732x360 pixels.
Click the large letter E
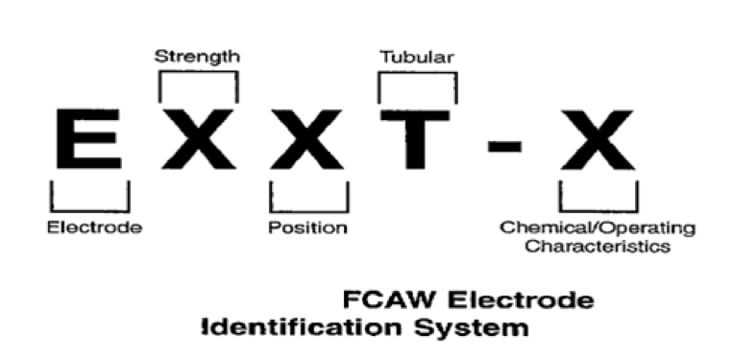[88, 138]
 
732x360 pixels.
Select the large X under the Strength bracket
[199, 138]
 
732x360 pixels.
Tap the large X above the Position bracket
[307, 138]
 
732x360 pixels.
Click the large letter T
[415, 139]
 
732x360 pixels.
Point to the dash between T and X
[504, 147]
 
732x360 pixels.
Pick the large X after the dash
[598, 140]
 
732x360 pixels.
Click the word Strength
[197, 57]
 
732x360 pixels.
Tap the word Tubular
[416, 57]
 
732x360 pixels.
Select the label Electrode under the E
[95, 228]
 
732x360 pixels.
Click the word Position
[308, 228]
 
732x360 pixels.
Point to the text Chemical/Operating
[598, 228]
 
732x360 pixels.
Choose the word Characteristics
[598, 246]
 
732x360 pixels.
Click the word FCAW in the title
[391, 300]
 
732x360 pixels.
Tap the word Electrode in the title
[521, 300]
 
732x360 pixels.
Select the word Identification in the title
[302, 327]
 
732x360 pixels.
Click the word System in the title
[472, 327]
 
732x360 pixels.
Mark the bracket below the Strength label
[199, 72]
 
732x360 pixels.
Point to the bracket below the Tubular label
[418, 73]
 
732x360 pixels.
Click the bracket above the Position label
[309, 211]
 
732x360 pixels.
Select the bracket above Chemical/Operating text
[598, 211]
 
